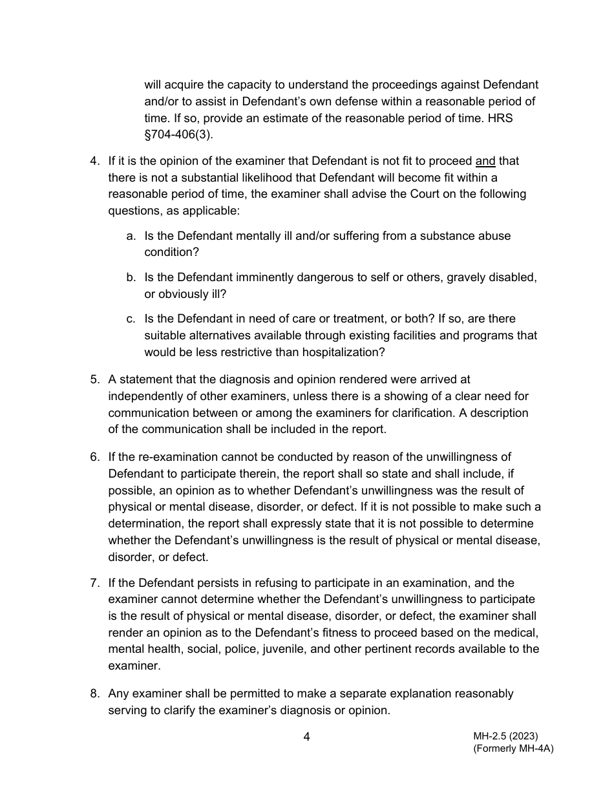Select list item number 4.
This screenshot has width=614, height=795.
pos(94,161)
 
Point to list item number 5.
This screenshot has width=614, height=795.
pos(94,379)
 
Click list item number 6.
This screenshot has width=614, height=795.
pos(94,457)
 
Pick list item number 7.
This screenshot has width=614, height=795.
pos(94,583)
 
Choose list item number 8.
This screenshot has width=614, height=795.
pos(94,694)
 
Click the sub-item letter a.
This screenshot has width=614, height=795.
pos(131,236)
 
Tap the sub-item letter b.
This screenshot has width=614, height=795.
pos(131,277)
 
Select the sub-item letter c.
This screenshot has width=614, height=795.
pos(131,319)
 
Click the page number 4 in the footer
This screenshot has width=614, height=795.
pos(306,737)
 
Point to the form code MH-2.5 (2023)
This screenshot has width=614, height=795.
pos(505,736)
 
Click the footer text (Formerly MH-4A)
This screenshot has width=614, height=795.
pos(513,748)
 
